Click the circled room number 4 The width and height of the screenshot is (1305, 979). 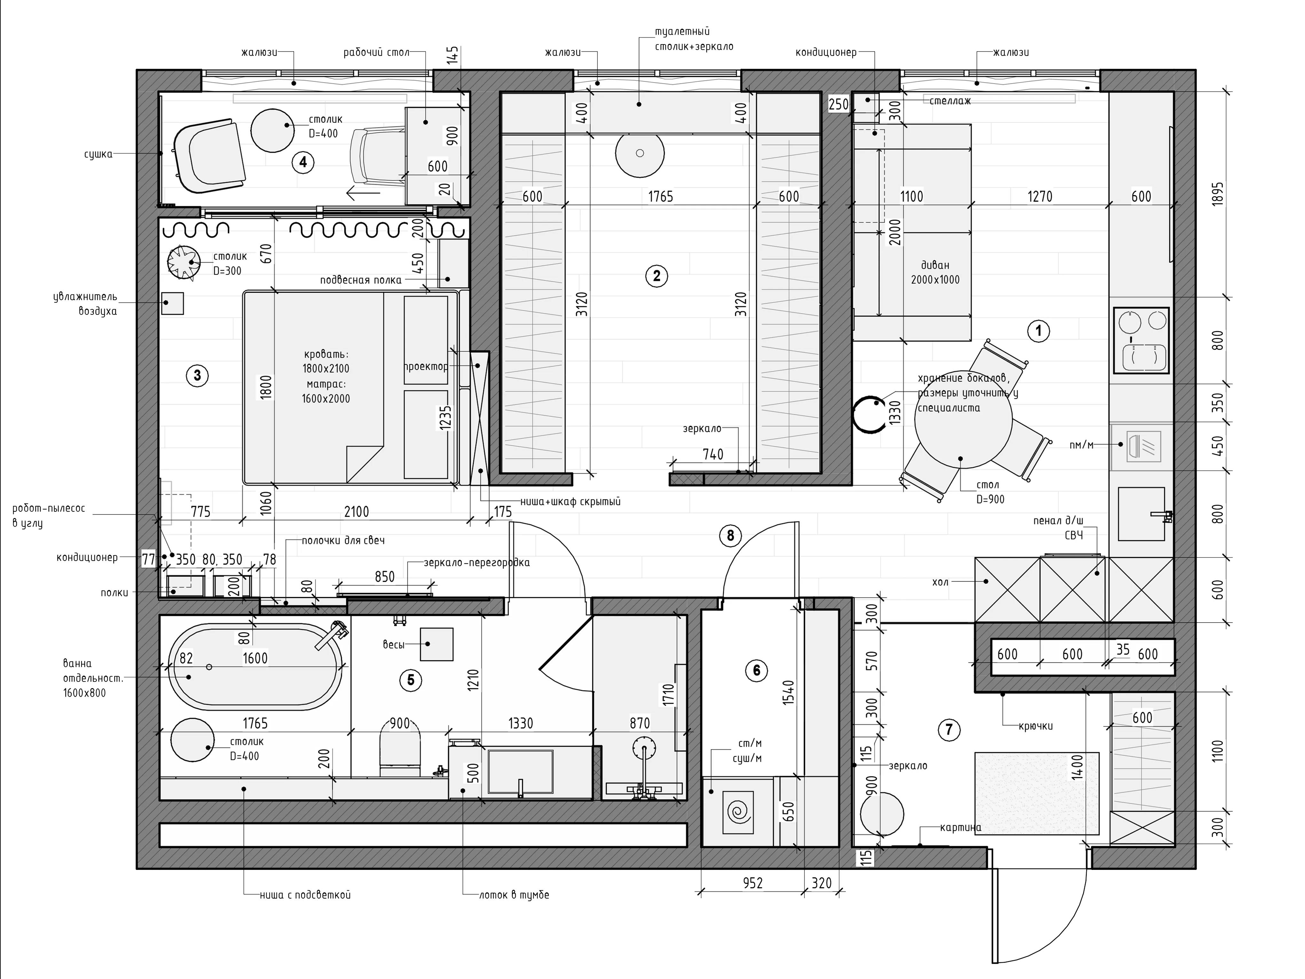303,162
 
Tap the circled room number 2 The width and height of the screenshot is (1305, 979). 657,275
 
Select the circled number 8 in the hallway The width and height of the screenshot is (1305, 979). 730,535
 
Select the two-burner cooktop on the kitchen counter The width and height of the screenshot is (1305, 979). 1141,340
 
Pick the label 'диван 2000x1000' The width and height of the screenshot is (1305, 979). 935,272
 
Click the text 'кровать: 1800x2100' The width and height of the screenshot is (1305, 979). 326,361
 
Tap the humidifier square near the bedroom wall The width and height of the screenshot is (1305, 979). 173,303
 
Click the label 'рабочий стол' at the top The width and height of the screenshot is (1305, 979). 376,52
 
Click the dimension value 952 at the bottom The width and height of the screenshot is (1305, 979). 753,883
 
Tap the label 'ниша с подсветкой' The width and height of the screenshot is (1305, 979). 305,895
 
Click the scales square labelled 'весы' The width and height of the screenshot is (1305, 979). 437,644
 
